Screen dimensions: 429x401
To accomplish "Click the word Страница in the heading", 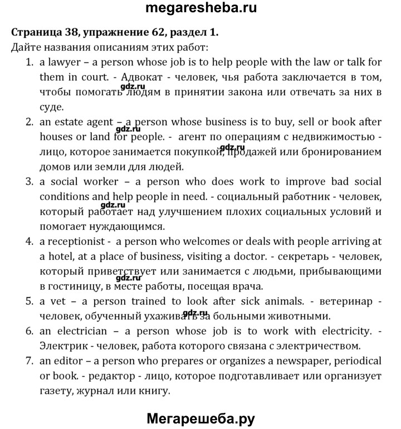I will pyautogui.click(x=36, y=32).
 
